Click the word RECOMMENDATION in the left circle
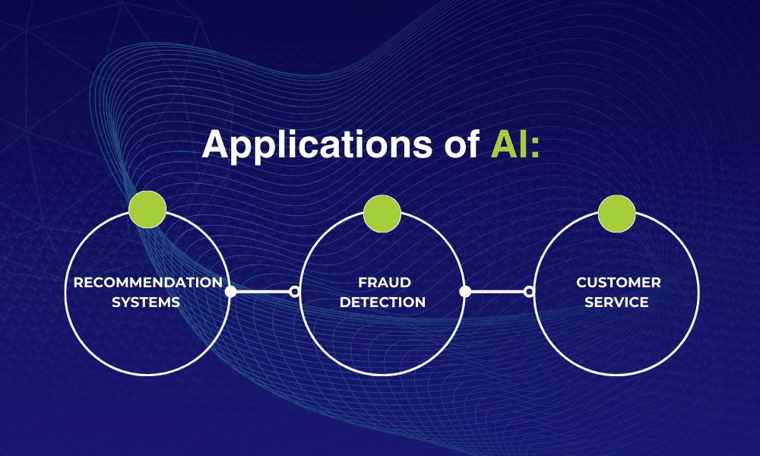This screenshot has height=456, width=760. (x=147, y=283)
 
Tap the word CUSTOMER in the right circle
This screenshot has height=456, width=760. (x=618, y=283)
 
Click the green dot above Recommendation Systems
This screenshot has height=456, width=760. (x=147, y=211)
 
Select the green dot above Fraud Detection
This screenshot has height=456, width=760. (x=382, y=214)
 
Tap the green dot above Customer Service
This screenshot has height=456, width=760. (x=616, y=214)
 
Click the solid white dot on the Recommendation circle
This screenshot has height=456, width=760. (x=230, y=291)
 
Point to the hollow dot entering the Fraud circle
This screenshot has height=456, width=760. (x=295, y=291)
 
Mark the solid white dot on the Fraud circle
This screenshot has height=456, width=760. (x=465, y=291)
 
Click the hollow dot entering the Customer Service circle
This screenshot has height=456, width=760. (x=530, y=291)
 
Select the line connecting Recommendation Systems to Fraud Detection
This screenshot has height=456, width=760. (x=262, y=291)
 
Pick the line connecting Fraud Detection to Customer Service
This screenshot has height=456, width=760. (x=497, y=291)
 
